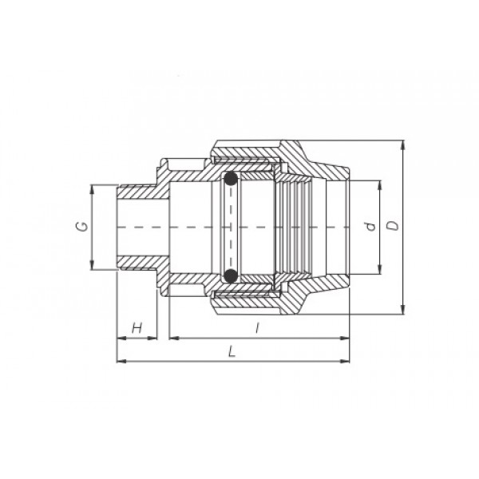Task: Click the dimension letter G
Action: [x=82, y=227]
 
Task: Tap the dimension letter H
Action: [x=137, y=328]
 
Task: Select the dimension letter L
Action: [x=232, y=352]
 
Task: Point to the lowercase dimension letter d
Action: [x=370, y=227]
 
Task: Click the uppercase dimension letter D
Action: [x=394, y=225]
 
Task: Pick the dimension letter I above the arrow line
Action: [x=258, y=328]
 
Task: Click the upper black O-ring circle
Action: [x=231, y=179]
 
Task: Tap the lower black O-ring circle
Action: [x=231, y=275]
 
